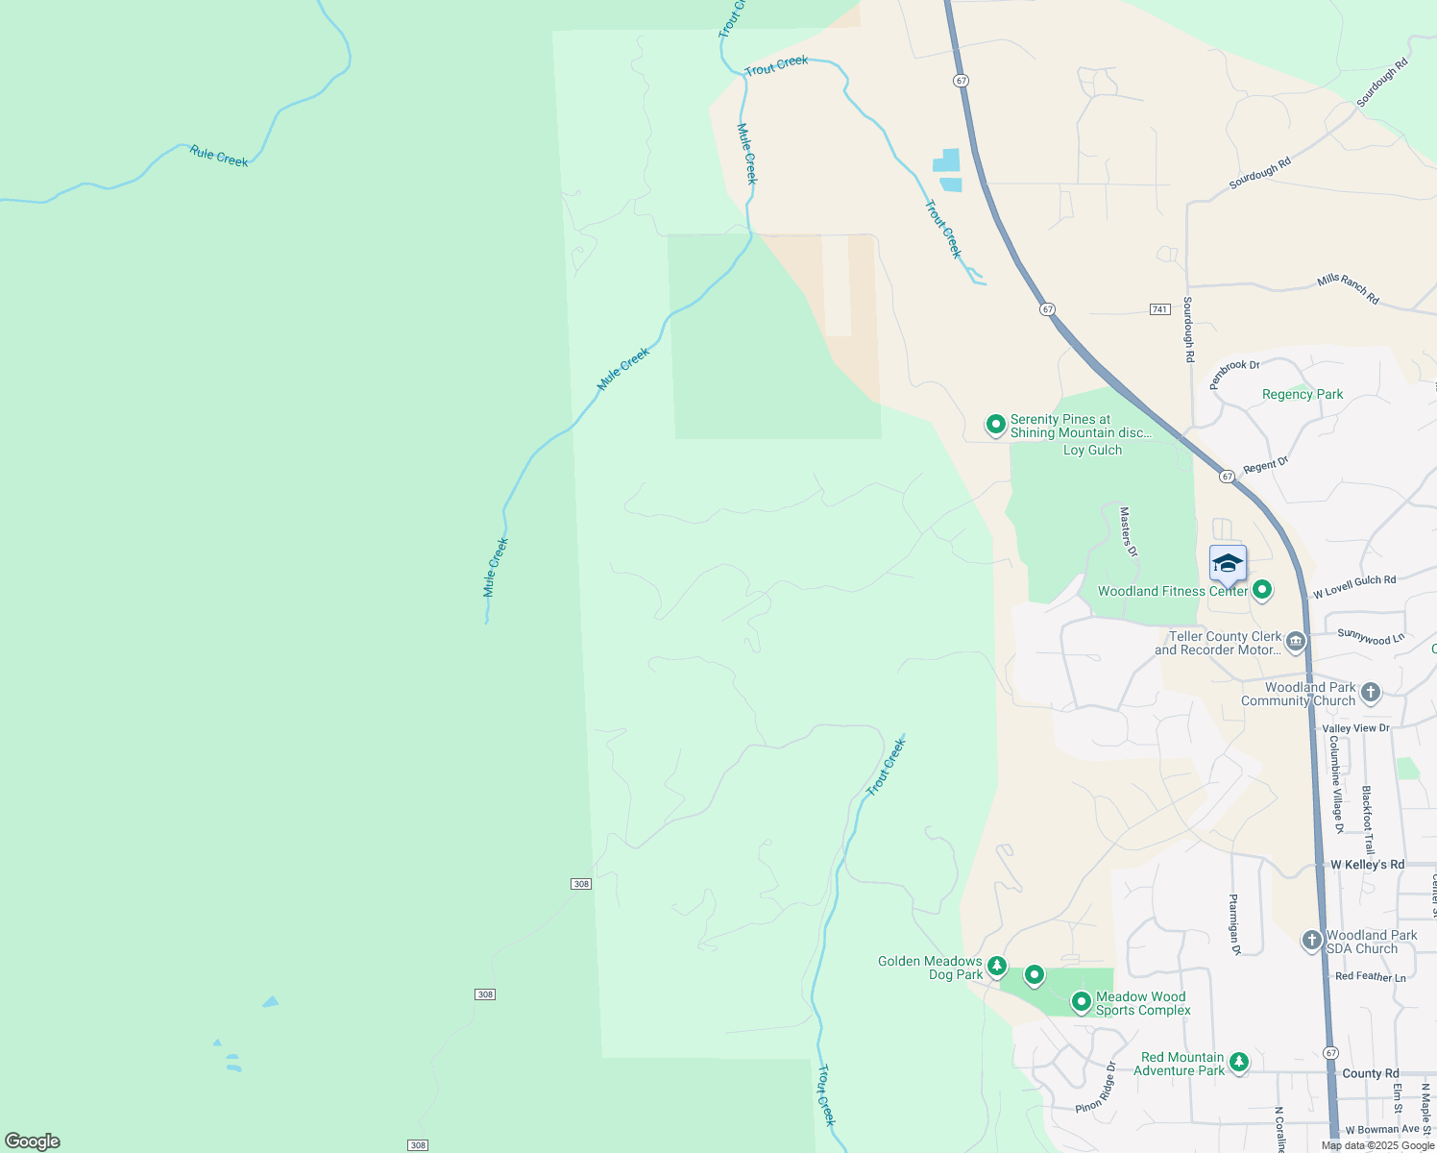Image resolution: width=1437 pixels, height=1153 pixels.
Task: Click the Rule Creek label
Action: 219,157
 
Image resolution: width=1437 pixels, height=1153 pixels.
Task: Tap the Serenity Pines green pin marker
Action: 996,424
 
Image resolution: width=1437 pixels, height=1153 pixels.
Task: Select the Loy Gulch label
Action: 1092,451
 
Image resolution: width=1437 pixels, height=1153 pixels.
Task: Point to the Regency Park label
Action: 1303,395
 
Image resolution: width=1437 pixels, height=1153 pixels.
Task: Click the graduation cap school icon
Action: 1228,564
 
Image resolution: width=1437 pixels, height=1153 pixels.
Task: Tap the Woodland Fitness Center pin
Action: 1262,590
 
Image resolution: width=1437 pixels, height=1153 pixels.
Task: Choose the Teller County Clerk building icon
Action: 1296,641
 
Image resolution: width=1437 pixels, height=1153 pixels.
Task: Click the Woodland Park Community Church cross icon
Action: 1371,692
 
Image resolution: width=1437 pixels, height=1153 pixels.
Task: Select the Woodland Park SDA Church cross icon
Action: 1312,941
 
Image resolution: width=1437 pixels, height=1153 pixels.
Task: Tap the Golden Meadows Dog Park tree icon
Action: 998,966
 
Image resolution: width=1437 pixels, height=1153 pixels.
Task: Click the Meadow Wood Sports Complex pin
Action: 1082,1002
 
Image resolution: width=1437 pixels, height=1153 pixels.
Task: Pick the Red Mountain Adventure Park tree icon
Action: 1240,1063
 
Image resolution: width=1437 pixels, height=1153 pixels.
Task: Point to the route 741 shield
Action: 1159,309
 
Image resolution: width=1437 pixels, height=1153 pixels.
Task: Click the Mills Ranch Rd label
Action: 1349,288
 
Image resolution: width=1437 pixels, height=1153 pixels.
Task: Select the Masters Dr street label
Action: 1129,532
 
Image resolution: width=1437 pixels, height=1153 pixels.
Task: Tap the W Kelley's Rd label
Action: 1367,865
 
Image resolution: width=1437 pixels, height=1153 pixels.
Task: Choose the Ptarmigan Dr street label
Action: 1235,924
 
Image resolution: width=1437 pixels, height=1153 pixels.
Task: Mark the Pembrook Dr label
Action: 1233,372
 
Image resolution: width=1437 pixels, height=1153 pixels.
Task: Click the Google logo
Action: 33,1141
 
